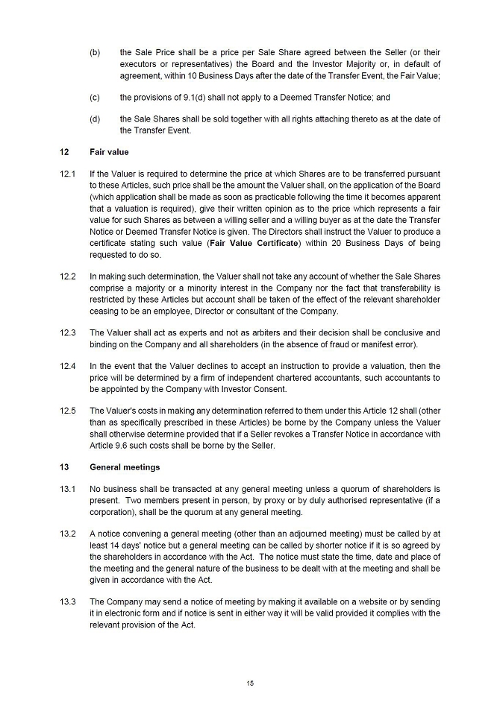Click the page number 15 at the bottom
250,682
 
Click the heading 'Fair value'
109,152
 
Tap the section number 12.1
68,174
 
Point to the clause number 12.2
68,276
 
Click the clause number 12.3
68,332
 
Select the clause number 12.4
68,366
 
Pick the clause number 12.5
68,411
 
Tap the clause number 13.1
68,489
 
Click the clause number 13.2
68,534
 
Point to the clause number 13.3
68,601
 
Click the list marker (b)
95,53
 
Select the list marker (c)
95,98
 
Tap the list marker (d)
95,119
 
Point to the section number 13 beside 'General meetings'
64,467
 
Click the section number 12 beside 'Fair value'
64,152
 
